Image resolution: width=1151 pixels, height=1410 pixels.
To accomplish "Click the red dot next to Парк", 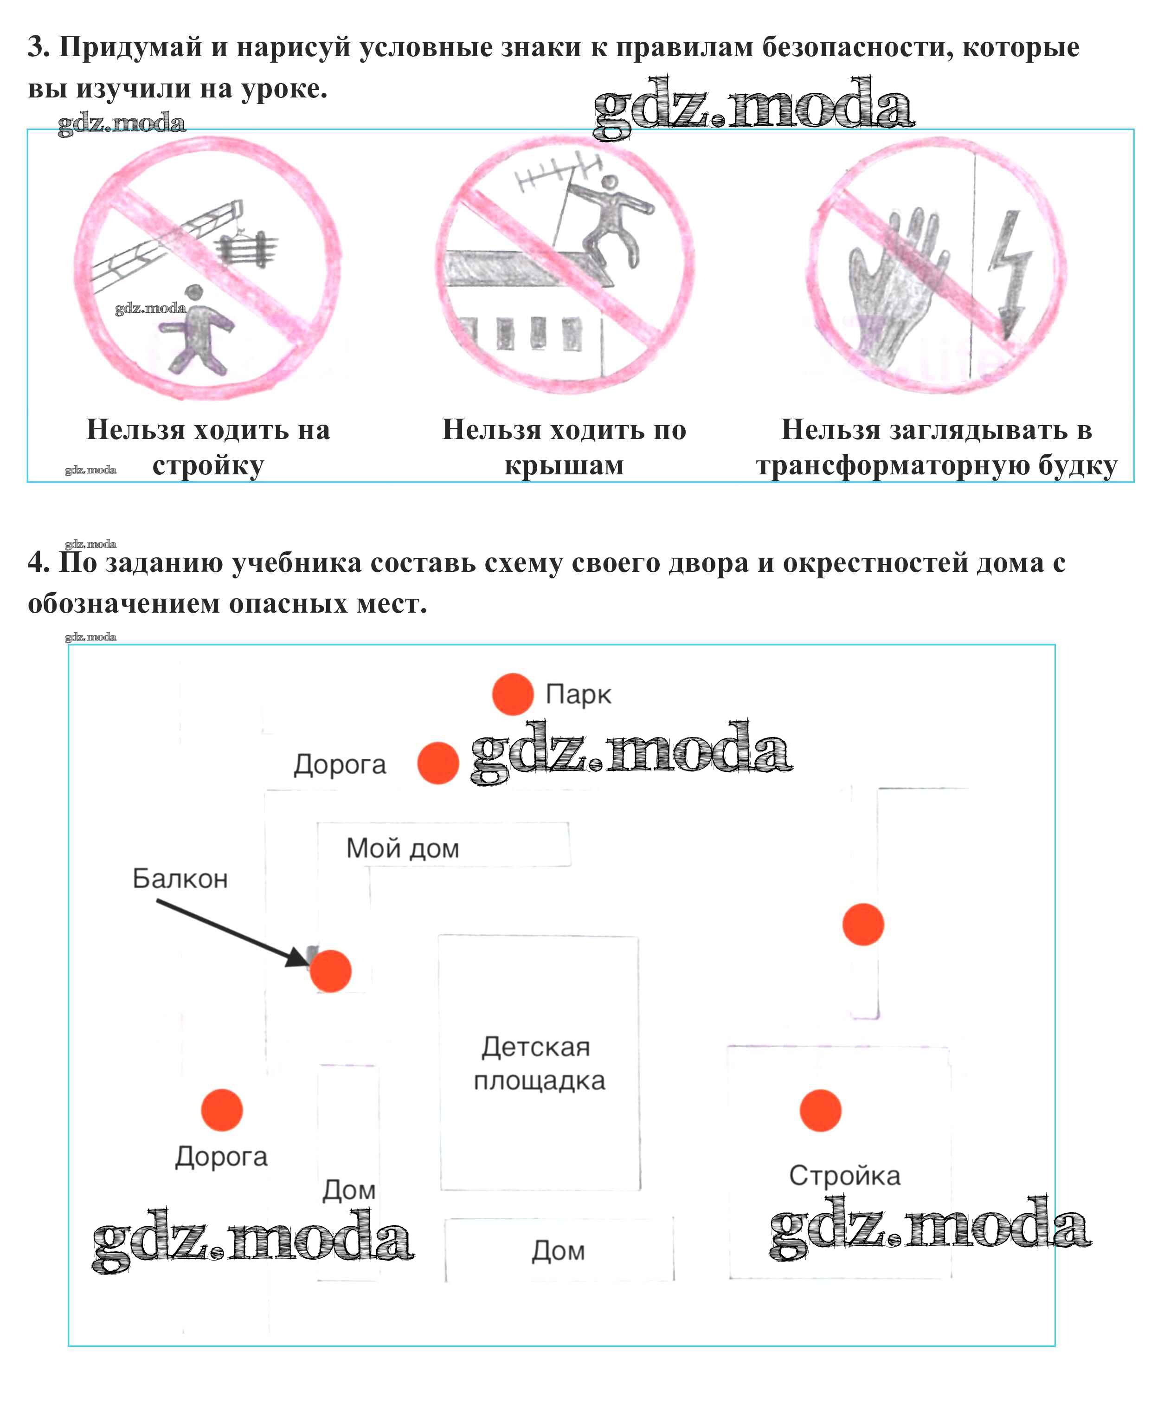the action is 513,694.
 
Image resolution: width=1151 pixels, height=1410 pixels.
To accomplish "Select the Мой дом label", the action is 402,848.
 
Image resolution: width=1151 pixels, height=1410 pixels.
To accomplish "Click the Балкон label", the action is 180,878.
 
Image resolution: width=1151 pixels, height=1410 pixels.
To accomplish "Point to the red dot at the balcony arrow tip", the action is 330,971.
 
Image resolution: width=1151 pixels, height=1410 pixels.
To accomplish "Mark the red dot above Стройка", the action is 820,1110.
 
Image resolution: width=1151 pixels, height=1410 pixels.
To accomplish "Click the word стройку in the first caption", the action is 208,466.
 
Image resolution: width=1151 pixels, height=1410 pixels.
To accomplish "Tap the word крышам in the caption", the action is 564,466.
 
